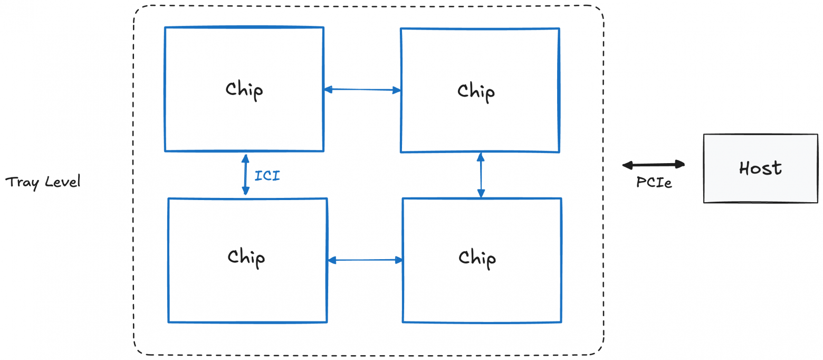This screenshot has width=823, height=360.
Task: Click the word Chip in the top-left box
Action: pyautogui.click(x=244, y=90)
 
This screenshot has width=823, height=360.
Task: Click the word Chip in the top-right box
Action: pyautogui.click(x=476, y=91)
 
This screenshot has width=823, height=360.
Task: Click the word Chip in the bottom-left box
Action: pyautogui.click(x=246, y=258)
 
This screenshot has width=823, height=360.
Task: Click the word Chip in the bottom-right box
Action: pyautogui.click(x=477, y=258)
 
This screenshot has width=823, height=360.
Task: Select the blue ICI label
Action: pyautogui.click(x=267, y=176)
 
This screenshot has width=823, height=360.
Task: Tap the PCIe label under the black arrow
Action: pyautogui.click(x=654, y=183)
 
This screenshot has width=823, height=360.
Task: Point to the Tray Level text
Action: pyautogui.click(x=43, y=183)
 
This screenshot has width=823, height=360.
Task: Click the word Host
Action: pyautogui.click(x=760, y=168)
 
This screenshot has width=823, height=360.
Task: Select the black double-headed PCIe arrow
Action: pyautogui.click(x=653, y=165)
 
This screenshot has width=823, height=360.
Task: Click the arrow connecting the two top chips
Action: pyautogui.click(x=362, y=90)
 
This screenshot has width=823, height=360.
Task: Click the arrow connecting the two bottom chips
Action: pyautogui.click(x=365, y=260)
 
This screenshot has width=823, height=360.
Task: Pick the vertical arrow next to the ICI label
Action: pyautogui.click(x=245, y=174)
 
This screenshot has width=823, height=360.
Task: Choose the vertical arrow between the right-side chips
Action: pyautogui.click(x=481, y=175)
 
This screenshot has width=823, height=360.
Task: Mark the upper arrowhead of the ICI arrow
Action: pyautogui.click(x=245, y=157)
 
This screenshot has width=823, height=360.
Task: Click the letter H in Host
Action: pyautogui.click(x=745, y=168)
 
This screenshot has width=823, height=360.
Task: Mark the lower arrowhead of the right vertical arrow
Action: pyautogui.click(x=481, y=194)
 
